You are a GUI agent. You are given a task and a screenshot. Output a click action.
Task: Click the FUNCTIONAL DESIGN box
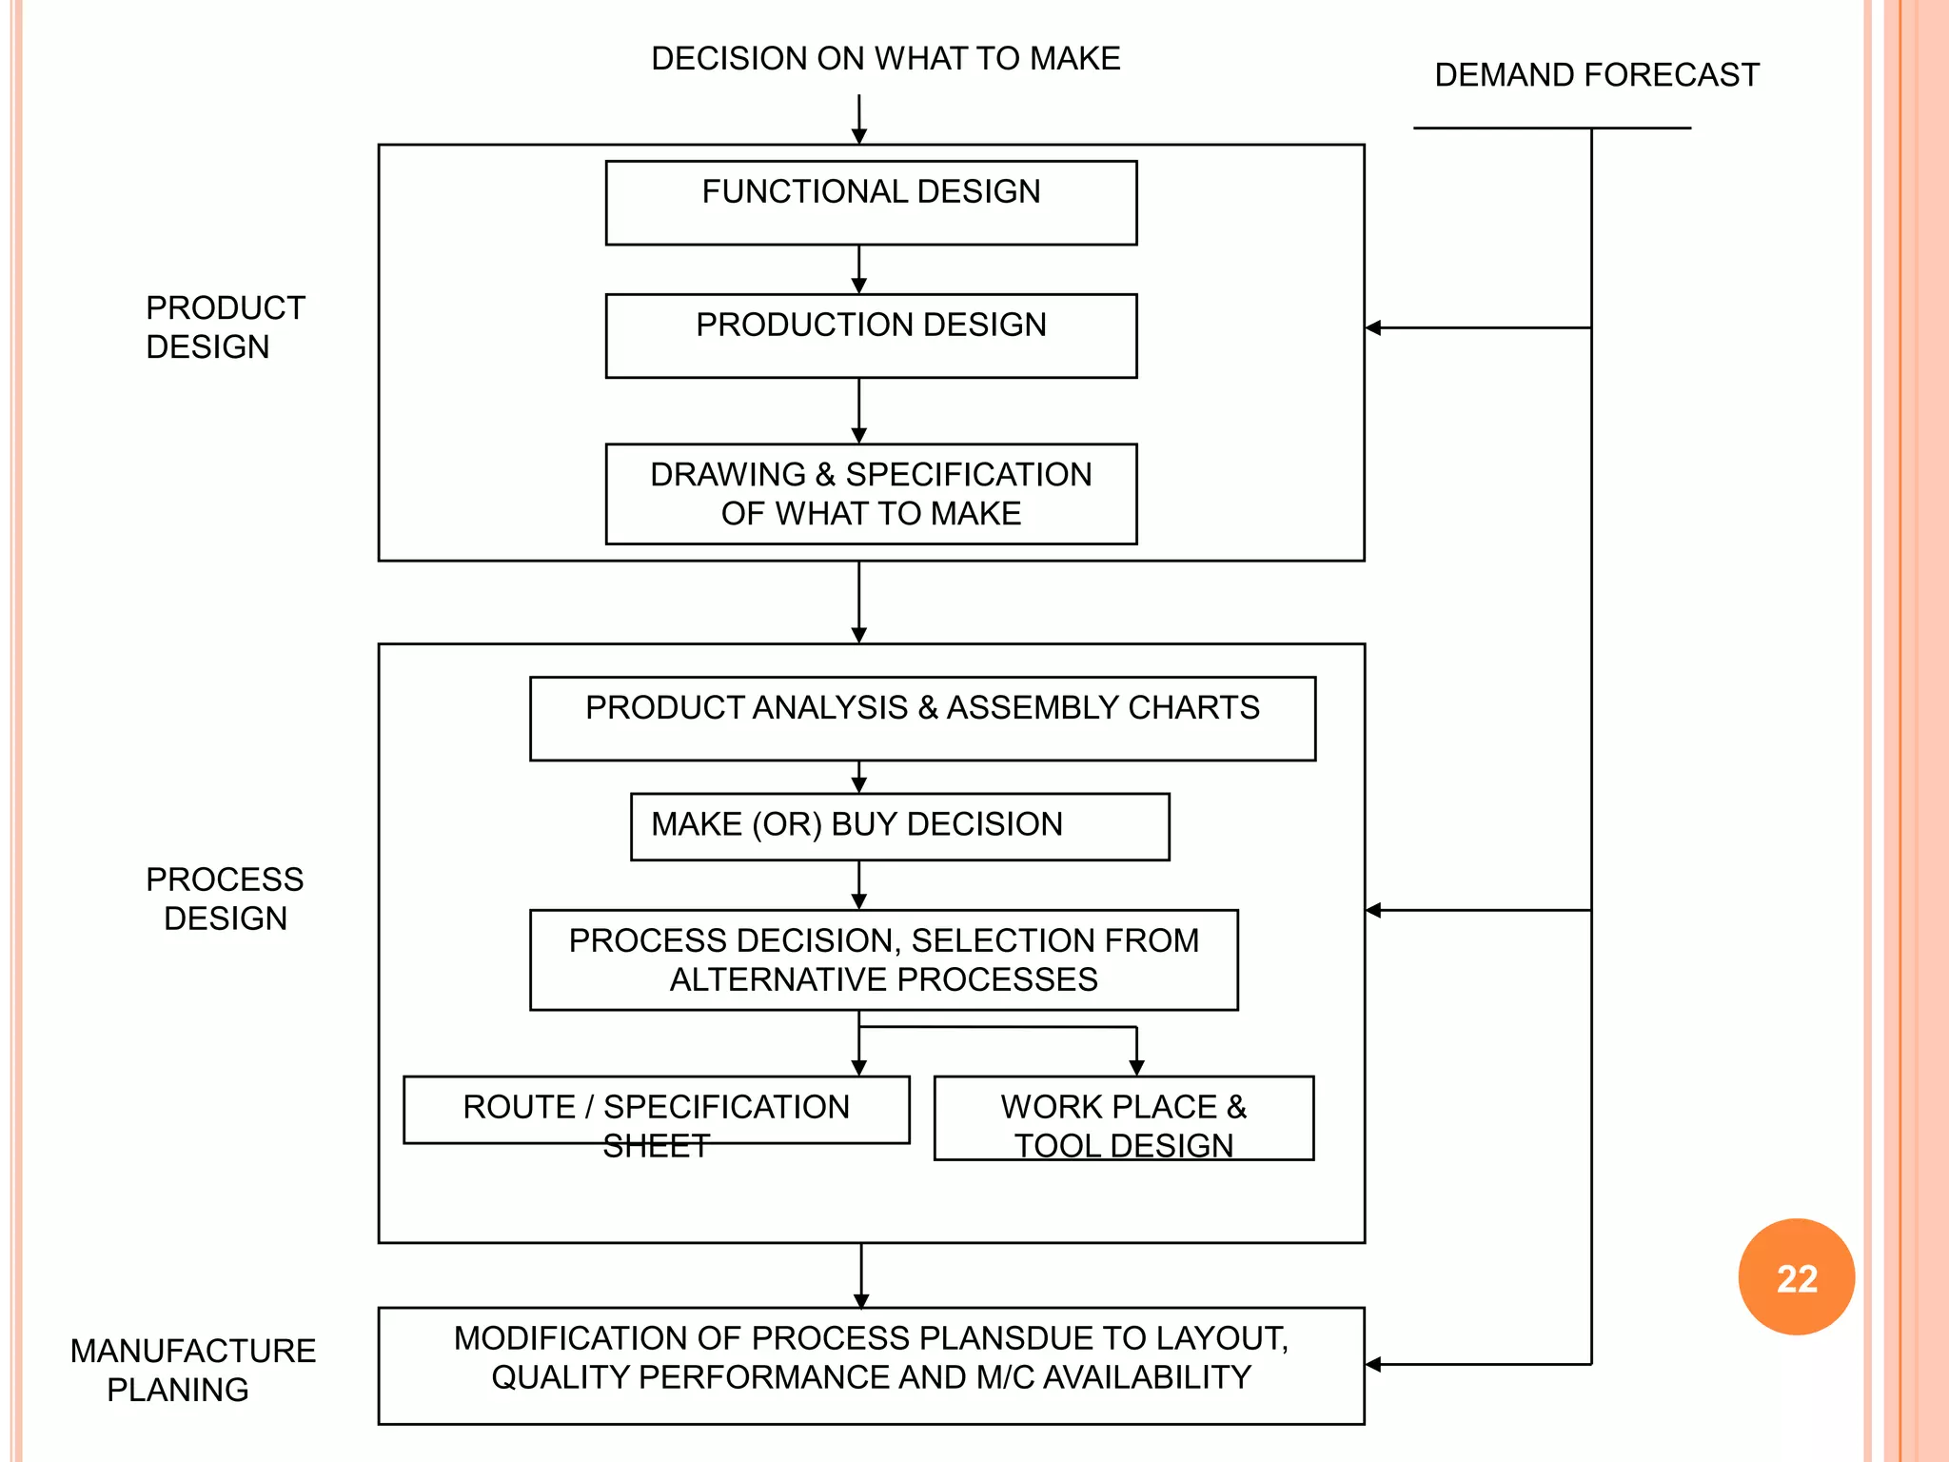(871, 203)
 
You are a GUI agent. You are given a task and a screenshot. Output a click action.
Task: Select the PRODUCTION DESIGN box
(871, 335)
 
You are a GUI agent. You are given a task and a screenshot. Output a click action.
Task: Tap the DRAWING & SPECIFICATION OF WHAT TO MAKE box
(871, 494)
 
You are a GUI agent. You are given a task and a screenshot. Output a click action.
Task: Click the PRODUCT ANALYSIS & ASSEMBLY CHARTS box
(922, 719)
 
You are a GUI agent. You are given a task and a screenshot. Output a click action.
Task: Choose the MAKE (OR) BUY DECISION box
(899, 826)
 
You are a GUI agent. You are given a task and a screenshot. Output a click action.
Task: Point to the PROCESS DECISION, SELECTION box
(883, 959)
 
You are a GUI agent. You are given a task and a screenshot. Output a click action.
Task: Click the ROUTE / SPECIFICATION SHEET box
(656, 1109)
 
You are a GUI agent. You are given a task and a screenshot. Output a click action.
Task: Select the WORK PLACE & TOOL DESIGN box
(1123, 1117)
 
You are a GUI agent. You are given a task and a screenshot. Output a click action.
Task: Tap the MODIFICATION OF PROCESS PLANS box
(871, 1365)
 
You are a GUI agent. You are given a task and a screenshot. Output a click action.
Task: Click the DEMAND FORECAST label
(1596, 75)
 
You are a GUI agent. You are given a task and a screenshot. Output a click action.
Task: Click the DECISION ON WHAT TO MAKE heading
(885, 59)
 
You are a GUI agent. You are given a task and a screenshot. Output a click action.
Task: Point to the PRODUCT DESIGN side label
(225, 327)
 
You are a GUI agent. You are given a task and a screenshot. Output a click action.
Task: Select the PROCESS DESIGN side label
(225, 899)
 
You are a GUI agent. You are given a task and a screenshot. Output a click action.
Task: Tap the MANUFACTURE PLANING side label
(192, 1370)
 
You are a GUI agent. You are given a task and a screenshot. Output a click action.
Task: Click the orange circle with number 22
(1796, 1277)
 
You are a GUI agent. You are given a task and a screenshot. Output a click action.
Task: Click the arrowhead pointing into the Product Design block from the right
(1373, 327)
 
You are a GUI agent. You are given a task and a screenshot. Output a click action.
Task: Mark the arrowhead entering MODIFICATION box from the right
(1373, 1364)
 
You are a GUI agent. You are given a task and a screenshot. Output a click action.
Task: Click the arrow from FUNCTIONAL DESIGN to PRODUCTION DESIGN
(858, 270)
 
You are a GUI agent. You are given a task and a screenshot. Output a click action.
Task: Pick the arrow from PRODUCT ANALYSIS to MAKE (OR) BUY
(858, 778)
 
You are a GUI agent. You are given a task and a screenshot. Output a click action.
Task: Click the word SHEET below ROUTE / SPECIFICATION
(656, 1146)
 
